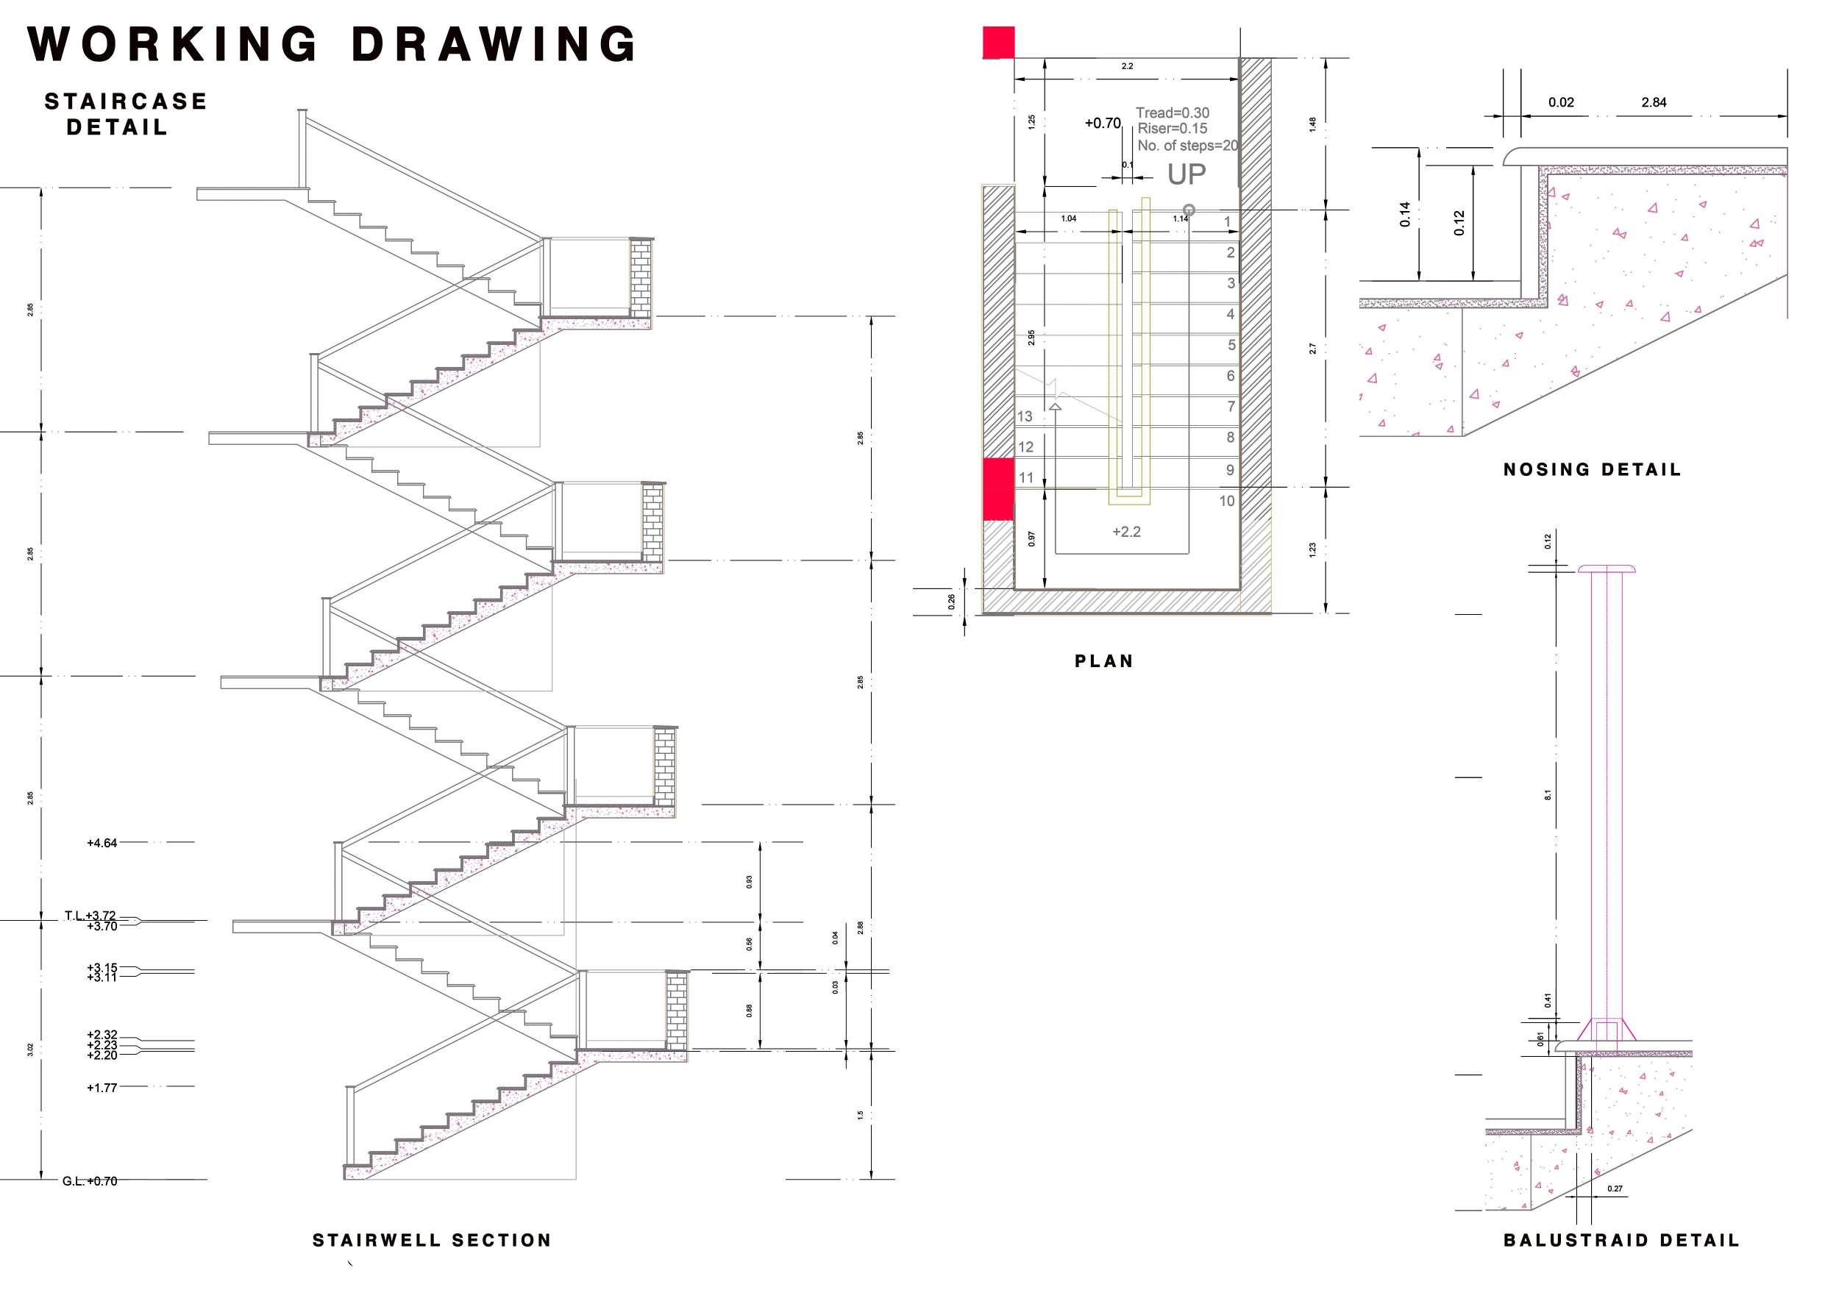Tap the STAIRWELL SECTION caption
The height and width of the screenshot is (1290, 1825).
pyautogui.click(x=432, y=1241)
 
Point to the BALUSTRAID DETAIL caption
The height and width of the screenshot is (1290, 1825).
pyautogui.click(x=1621, y=1241)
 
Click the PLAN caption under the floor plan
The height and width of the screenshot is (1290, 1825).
pyautogui.click(x=1104, y=661)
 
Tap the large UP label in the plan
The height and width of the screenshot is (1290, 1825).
pyautogui.click(x=1186, y=174)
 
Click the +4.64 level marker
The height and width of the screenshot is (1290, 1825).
pyautogui.click(x=102, y=844)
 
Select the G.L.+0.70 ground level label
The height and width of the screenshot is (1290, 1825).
pyautogui.click(x=90, y=1181)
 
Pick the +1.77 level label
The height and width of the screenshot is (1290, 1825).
pyautogui.click(x=102, y=1088)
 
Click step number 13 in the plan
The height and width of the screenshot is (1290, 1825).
pyautogui.click(x=1025, y=416)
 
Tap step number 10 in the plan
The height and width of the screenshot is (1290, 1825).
pyautogui.click(x=1226, y=501)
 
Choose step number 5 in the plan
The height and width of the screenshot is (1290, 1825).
pyautogui.click(x=1231, y=345)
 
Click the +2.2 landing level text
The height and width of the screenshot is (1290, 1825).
pyautogui.click(x=1126, y=532)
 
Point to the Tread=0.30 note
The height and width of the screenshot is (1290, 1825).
pyautogui.click(x=1173, y=113)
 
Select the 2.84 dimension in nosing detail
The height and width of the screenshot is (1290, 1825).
pyautogui.click(x=1654, y=102)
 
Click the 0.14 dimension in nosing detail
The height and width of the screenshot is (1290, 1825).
pyautogui.click(x=1405, y=215)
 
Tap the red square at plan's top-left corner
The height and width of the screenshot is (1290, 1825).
pyautogui.click(x=999, y=42)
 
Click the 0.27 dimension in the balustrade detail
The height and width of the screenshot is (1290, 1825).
pyautogui.click(x=1615, y=1211)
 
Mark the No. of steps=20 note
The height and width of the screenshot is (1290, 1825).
pyautogui.click(x=1187, y=146)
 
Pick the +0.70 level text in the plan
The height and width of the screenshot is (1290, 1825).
pyautogui.click(x=1103, y=124)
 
